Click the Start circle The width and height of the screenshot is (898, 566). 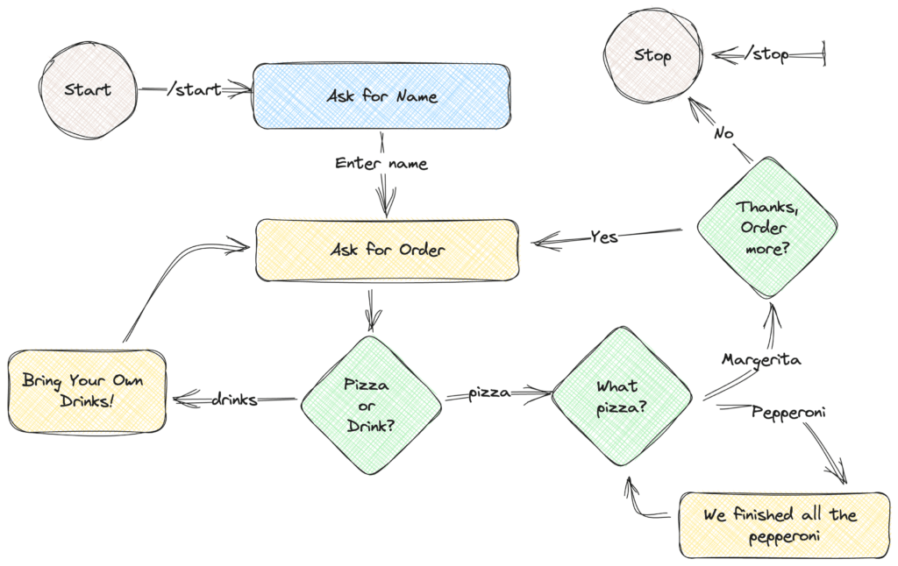pyautogui.click(x=89, y=90)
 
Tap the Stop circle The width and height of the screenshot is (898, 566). pyautogui.click(x=652, y=55)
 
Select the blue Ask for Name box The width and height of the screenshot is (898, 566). pyautogui.click(x=382, y=96)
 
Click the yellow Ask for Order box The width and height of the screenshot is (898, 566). pyautogui.click(x=388, y=250)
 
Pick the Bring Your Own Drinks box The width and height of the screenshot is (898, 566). pyautogui.click(x=87, y=391)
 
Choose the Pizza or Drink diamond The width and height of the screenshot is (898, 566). pyautogui.click(x=371, y=405)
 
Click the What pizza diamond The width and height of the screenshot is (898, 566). pyautogui.click(x=622, y=397)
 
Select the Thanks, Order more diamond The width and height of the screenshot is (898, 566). pyautogui.click(x=766, y=228)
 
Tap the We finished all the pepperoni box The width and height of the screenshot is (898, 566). pyautogui.click(x=784, y=525)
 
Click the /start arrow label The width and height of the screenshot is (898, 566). pyautogui.click(x=195, y=90)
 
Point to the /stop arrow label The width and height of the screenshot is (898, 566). pyautogui.click(x=766, y=53)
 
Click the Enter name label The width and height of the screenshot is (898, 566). pyautogui.click(x=381, y=163)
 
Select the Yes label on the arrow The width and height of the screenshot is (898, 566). pyautogui.click(x=604, y=237)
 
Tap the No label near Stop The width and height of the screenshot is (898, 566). pyautogui.click(x=723, y=133)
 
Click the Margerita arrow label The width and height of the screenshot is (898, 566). pyautogui.click(x=761, y=359)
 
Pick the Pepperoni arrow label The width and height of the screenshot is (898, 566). pyautogui.click(x=788, y=412)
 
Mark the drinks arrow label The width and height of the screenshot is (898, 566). pyautogui.click(x=234, y=399)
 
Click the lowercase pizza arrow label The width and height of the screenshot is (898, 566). pyautogui.click(x=489, y=393)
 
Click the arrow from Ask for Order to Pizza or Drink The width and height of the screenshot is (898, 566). pyautogui.click(x=372, y=311)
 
